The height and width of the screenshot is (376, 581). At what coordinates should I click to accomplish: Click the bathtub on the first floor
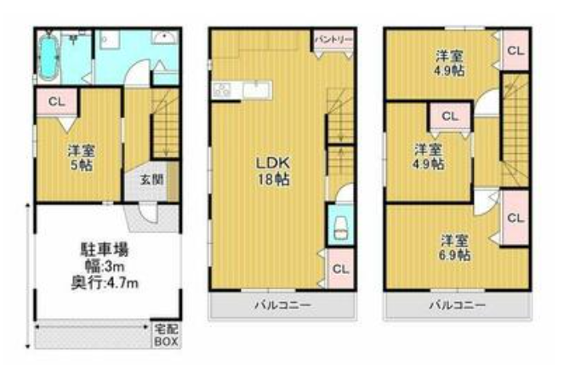(x=48, y=57)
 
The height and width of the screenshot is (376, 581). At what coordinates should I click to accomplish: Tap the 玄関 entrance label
(x=152, y=180)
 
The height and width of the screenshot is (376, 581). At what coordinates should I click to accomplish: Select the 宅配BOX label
(x=167, y=335)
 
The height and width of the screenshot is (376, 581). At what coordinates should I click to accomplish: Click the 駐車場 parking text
(x=105, y=250)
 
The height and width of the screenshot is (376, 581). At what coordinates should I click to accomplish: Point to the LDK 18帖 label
(x=273, y=171)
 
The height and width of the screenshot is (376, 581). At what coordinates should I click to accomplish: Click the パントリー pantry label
(x=333, y=40)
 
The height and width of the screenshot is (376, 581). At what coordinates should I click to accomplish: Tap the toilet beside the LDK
(x=341, y=227)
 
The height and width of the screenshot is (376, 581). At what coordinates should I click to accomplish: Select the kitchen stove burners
(x=222, y=89)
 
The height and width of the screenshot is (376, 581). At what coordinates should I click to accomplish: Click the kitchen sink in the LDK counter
(x=256, y=89)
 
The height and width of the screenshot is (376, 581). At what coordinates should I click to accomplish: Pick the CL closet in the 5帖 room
(x=57, y=101)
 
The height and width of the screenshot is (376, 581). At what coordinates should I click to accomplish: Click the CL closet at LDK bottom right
(x=340, y=269)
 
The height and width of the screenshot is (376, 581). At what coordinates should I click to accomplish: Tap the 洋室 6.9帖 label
(x=454, y=248)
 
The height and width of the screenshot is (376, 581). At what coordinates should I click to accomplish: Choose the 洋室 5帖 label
(x=82, y=157)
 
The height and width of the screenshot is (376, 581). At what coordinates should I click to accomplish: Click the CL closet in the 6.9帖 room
(x=515, y=218)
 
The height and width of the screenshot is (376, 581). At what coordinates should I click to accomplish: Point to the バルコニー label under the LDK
(x=282, y=305)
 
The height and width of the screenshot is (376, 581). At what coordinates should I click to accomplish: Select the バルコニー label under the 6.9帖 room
(x=458, y=305)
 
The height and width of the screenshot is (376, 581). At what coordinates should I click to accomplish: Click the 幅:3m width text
(x=105, y=266)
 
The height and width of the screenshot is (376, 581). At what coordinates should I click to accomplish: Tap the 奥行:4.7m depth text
(x=105, y=283)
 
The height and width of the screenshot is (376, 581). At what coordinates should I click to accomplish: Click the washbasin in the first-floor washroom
(x=165, y=37)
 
